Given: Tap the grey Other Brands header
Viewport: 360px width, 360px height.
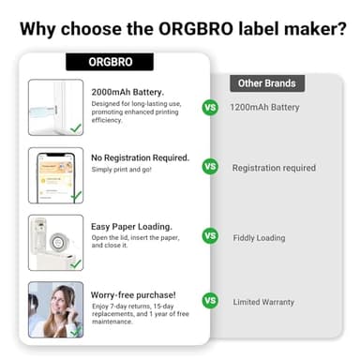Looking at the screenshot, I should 267,83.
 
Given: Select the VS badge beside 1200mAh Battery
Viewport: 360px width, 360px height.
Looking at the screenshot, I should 210,107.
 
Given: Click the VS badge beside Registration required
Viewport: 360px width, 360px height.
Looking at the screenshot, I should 210,167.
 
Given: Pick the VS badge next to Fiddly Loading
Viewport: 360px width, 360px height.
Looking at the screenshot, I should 210,236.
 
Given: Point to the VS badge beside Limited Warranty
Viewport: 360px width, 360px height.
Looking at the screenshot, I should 210,301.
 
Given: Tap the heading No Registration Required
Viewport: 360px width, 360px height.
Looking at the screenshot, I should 140,157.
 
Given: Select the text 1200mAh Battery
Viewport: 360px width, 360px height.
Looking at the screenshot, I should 264,107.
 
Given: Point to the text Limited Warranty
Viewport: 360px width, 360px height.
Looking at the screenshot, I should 263,302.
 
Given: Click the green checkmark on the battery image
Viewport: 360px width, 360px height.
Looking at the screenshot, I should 75,126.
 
